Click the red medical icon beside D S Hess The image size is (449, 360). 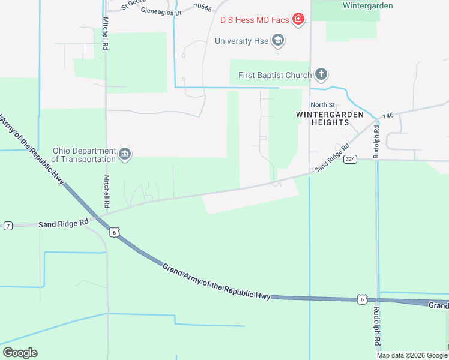coord(297,20)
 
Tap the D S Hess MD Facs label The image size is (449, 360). coord(255,20)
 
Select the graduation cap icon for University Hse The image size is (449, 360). coord(277,41)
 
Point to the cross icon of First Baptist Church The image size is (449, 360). coord(322,75)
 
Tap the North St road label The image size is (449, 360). coord(322,106)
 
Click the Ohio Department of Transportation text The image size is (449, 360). coord(83,155)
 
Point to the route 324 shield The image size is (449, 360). coord(351,159)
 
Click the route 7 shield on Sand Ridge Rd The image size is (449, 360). coord(8,226)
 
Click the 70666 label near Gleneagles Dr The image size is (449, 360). coord(203,8)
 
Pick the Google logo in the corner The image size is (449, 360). coord(20,353)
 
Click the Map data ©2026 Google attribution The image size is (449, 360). coord(412,355)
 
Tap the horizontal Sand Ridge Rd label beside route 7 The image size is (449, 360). coord(64,224)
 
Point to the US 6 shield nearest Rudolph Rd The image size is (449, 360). coord(361,298)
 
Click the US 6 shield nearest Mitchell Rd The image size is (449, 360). coord(114,232)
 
